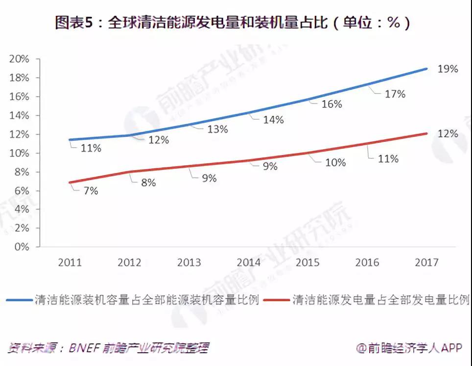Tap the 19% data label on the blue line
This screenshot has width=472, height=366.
448,69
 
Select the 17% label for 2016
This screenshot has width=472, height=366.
395,94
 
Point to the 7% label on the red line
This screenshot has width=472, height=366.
91,191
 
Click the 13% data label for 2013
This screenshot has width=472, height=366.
217,129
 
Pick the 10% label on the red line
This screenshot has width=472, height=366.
335,163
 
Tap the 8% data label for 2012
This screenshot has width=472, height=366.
148,183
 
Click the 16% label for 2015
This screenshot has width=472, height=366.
331,104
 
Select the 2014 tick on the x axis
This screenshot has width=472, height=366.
248,262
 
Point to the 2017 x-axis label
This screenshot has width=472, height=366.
426,262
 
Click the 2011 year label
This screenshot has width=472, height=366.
70,262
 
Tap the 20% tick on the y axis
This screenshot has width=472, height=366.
20,59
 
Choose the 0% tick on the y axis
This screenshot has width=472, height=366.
22,247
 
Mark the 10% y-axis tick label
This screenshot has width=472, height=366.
20,153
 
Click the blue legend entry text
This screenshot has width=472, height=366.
146,299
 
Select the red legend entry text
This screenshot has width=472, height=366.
381,299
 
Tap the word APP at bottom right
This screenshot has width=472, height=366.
451,348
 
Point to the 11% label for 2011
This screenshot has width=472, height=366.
91,148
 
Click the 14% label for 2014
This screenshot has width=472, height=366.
273,120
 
